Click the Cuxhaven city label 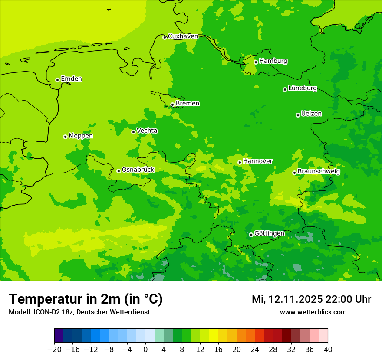tap(183, 36)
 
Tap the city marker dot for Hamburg tap(256, 62)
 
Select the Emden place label tap(71, 79)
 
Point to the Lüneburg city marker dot tap(285, 89)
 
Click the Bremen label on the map tap(188, 104)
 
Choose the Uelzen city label tap(311, 114)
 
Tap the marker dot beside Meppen tap(65, 137)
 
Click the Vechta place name tap(147, 131)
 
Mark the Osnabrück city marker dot tap(119, 171)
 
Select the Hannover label tap(258, 161)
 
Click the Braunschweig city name tap(319, 172)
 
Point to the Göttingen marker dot tap(251, 235)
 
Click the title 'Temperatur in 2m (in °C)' tap(86, 299)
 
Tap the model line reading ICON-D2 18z tap(79, 312)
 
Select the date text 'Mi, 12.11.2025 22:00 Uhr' tap(311, 299)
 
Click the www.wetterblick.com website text tap(313, 312)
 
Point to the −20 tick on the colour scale tap(54, 350)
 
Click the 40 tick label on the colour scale tap(328, 350)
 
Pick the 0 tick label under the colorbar tap(145, 350)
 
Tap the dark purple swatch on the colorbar tap(59, 336)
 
